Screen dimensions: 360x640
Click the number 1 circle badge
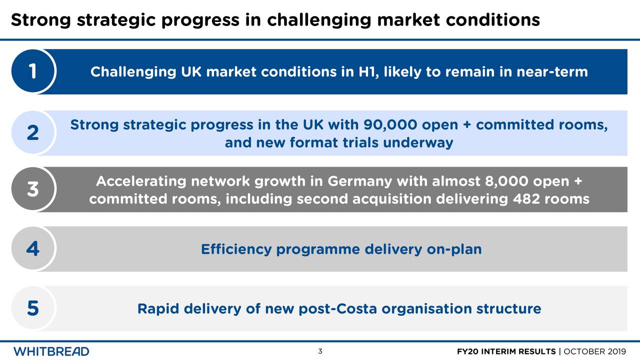[32, 71]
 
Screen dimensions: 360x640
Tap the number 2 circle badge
[32, 133]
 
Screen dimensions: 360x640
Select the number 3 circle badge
[32, 189]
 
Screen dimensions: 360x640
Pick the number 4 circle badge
[32, 249]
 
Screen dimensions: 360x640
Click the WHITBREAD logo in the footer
[51, 351]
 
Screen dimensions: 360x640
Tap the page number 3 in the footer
[320, 351]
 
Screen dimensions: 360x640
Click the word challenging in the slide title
[318, 20]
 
